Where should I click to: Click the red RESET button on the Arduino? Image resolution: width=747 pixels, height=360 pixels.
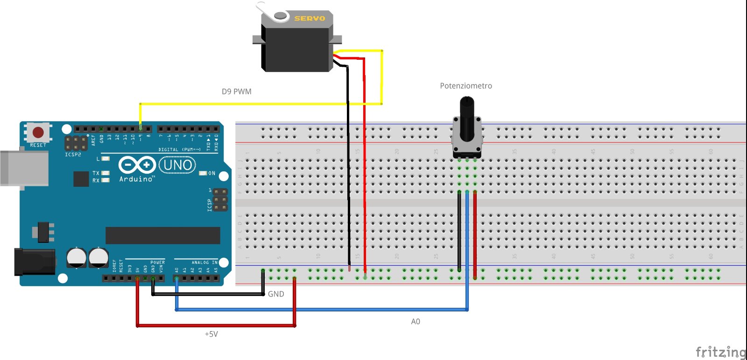pyautogui.click(x=38, y=132)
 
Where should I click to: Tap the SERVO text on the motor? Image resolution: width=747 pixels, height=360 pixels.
pyautogui.click(x=309, y=18)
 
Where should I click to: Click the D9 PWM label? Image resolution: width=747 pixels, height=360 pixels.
pyautogui.click(x=236, y=92)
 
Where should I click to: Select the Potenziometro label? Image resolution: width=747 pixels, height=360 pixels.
pyautogui.click(x=465, y=86)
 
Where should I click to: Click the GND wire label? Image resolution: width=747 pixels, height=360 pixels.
pyautogui.click(x=276, y=294)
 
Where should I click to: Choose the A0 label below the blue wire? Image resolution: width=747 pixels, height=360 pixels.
pyautogui.click(x=416, y=322)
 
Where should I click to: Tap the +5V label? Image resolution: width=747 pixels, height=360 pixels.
pyautogui.click(x=211, y=334)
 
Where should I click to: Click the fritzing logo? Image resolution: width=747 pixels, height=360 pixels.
pyautogui.click(x=720, y=352)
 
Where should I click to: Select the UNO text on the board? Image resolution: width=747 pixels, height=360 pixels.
pyautogui.click(x=177, y=165)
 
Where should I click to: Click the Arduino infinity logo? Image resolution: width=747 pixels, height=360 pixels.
pyautogui.click(x=136, y=165)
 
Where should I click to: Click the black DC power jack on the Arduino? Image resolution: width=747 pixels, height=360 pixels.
pyautogui.click(x=34, y=262)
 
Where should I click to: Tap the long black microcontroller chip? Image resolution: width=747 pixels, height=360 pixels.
pyautogui.click(x=162, y=235)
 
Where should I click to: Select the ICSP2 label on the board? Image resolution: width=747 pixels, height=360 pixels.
pyautogui.click(x=73, y=155)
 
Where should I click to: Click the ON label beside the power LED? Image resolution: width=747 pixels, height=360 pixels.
pyautogui.click(x=211, y=173)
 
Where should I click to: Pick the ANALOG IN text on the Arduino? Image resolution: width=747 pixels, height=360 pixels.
pyautogui.click(x=204, y=262)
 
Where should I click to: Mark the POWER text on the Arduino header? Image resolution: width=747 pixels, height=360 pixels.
pyautogui.click(x=157, y=262)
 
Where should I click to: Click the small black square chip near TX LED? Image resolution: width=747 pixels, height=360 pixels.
pyautogui.click(x=81, y=179)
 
